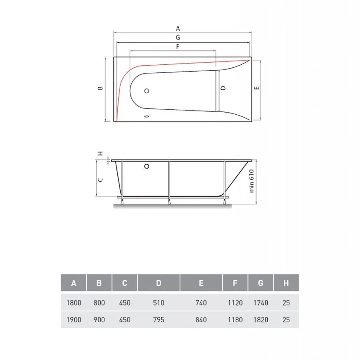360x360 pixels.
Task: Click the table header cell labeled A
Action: pos(74,283)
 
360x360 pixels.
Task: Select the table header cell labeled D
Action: pos(158,283)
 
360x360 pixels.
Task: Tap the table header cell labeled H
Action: pos(286,283)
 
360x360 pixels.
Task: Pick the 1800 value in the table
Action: pos(74,303)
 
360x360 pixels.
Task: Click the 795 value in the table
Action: pos(158,320)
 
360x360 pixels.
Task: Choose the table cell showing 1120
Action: pos(235,303)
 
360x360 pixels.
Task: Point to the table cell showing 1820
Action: pos(260,320)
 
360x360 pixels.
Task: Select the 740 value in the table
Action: pos(201,303)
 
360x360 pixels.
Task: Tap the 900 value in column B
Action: pos(99,320)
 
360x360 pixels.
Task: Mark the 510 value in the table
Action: pos(158,303)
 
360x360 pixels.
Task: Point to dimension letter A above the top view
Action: pos(178,28)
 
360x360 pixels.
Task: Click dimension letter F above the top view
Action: pos(178,46)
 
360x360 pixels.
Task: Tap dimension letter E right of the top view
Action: pos(256,88)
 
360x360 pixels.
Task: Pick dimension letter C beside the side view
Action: pos(100,179)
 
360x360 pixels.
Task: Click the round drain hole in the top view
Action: pos(147,91)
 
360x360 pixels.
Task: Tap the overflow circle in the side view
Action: pos(147,166)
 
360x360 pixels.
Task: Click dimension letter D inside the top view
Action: pos(223,89)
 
